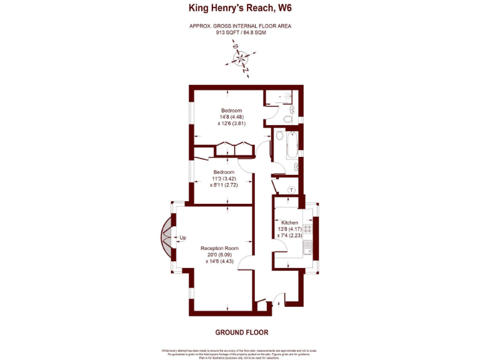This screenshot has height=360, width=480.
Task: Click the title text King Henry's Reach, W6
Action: coord(240,8)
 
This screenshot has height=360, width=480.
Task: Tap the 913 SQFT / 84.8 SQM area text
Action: coord(240,32)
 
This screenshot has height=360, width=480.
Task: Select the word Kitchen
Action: coord(289,223)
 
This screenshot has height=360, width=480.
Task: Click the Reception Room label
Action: coord(219,248)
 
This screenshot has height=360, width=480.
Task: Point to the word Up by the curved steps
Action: coord(183,237)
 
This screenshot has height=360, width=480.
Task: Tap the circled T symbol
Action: coord(291,190)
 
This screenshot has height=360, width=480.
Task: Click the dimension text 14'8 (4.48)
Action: coord(231,117)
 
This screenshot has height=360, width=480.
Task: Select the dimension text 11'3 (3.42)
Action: coord(223,179)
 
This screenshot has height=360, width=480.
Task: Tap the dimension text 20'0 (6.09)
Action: coord(219,255)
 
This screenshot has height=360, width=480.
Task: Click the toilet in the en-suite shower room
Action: coord(289,117)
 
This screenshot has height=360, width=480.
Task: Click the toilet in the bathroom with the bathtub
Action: coord(279,135)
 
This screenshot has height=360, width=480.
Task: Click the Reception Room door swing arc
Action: coord(246,262)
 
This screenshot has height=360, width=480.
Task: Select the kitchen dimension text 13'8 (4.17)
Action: coord(289,229)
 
